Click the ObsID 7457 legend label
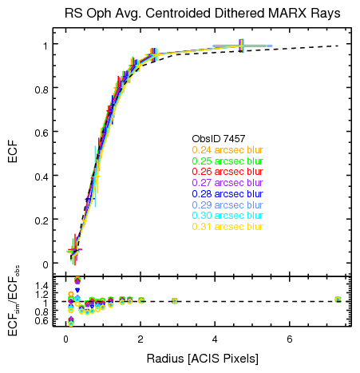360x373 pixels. [x=216, y=139]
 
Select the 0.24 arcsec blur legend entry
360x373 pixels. [x=227, y=150]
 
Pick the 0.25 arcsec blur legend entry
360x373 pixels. [x=227, y=161]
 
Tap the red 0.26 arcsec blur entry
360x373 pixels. [x=227, y=172]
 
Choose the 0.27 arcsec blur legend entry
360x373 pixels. [x=227, y=183]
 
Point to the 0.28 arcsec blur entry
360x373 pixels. [x=227, y=194]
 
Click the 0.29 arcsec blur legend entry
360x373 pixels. [x=227, y=204]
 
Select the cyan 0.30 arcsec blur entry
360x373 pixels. [x=227, y=216]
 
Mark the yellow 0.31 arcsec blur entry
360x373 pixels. [x=227, y=227]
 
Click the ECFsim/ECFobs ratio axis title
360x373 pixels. [x=14, y=301]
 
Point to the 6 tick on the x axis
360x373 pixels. [x=289, y=339]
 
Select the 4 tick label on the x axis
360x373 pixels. [x=215, y=339]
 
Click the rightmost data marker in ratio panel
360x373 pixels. [x=338, y=300]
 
